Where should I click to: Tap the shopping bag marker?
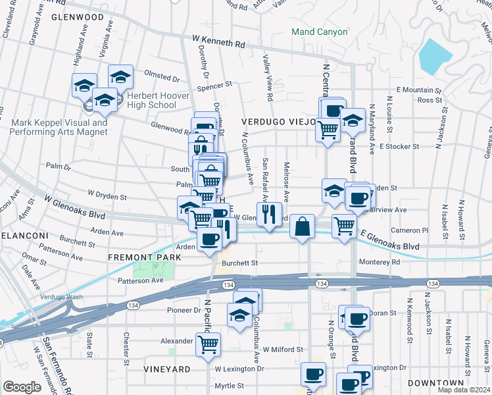(301, 226)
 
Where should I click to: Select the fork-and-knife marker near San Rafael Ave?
(269, 214)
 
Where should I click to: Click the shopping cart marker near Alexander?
(208, 344)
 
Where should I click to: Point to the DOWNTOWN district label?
(435, 382)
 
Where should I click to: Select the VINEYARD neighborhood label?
(168, 369)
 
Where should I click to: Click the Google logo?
(22, 387)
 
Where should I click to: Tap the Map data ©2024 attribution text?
(464, 390)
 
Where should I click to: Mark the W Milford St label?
(283, 350)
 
